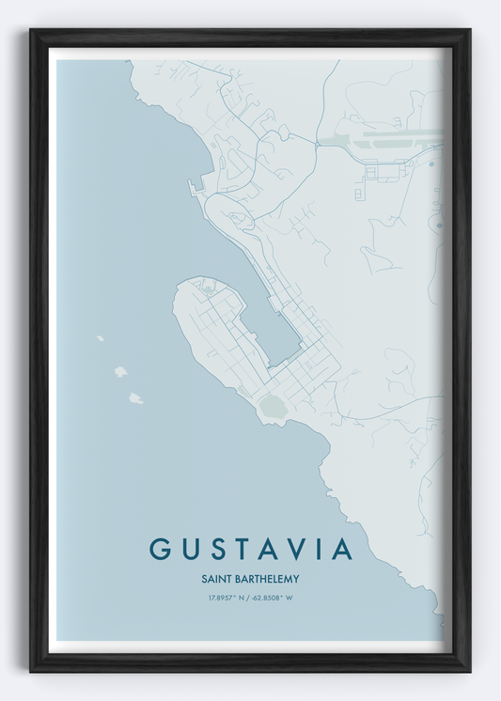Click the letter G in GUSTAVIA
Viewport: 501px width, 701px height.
coord(161,549)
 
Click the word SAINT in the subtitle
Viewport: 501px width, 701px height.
coord(216,579)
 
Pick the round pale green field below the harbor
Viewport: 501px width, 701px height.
coord(274,406)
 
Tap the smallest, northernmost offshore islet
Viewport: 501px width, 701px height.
coord(100,338)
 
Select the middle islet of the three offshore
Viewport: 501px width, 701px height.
coord(120,372)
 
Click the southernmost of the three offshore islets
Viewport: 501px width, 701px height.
coord(135,398)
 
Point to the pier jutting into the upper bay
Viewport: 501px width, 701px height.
coord(194,186)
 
